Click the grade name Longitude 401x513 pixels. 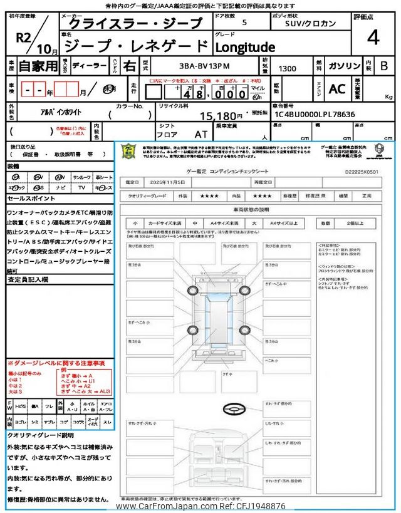coord(246,47)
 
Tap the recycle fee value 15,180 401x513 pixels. coord(221,116)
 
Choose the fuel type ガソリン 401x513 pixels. coord(344,65)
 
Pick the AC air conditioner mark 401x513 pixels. coord(337,89)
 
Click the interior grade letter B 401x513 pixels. coord(384,65)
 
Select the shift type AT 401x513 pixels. coord(200,133)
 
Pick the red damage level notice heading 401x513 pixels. coord(56,363)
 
